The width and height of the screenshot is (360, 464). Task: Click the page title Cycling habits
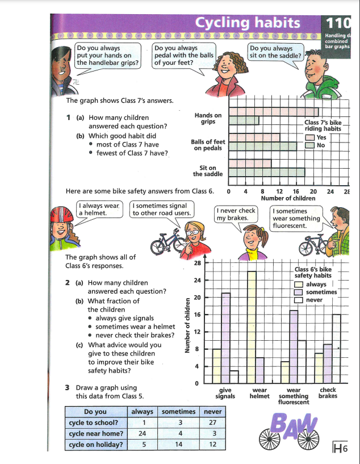(x=247, y=23)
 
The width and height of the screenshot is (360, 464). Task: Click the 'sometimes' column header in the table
(x=178, y=411)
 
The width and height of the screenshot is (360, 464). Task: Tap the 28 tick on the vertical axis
(x=197, y=264)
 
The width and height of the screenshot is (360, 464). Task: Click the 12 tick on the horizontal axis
(x=279, y=192)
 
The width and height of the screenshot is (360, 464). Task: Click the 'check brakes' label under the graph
(x=328, y=393)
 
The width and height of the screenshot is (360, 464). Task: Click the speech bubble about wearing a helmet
(x=101, y=209)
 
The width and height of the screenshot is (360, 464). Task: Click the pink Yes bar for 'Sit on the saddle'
(x=250, y=164)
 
